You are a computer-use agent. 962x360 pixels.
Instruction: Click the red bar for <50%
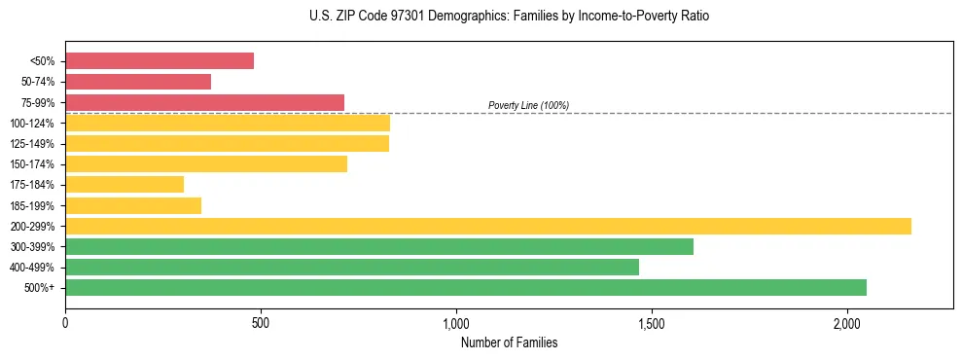[160, 61]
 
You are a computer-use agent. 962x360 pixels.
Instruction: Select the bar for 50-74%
[138, 82]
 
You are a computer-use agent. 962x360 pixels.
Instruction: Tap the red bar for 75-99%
[204, 102]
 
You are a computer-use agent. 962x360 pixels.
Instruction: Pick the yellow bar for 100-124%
[228, 123]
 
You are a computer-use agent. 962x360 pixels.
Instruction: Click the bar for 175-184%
[125, 184]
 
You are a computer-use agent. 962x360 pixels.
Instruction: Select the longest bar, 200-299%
[488, 226]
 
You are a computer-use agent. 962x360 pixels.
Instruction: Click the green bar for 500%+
[466, 287]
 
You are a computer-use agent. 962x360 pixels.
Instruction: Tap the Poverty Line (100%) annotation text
[528, 105]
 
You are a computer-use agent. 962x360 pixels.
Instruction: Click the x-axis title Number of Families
[509, 342]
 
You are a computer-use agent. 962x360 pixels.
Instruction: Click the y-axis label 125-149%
[32, 144]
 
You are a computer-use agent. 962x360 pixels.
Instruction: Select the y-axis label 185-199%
[32, 205]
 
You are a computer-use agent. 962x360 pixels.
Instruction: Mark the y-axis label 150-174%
[32, 164]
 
